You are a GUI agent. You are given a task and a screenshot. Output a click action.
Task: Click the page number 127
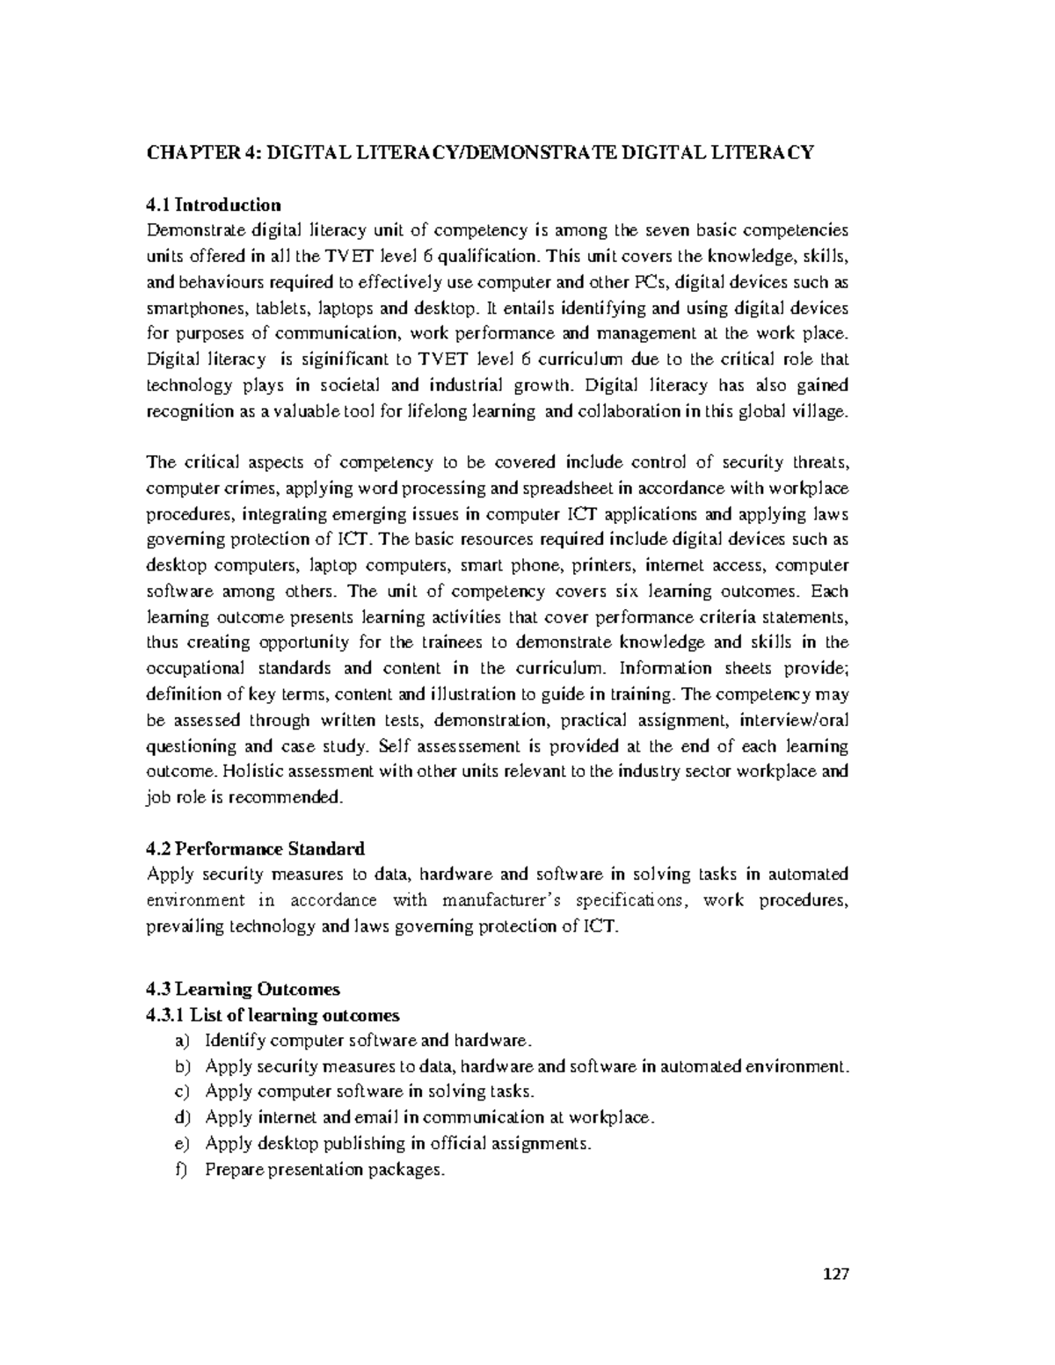tap(837, 1274)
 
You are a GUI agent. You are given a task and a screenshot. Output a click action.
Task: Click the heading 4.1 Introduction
tap(214, 205)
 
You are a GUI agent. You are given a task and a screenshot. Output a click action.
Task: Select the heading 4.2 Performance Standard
tap(255, 849)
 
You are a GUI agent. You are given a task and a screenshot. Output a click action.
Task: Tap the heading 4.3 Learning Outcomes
tap(243, 990)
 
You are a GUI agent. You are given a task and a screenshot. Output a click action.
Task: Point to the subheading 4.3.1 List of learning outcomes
tap(273, 1015)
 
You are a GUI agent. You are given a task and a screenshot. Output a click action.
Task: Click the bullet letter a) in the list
tap(182, 1042)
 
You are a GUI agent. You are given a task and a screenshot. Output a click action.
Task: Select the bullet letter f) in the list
tap(182, 1170)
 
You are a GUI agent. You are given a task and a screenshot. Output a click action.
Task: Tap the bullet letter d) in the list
tap(182, 1118)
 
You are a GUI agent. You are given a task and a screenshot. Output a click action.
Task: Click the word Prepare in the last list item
tap(234, 1170)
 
